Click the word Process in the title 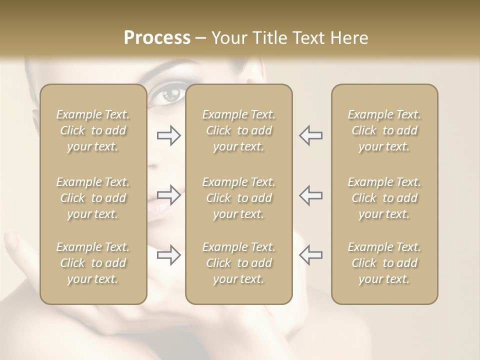(157, 38)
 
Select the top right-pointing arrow (169, 135)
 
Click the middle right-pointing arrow (169, 195)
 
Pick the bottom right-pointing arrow (169, 255)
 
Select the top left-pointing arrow (311, 135)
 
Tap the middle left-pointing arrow (311, 195)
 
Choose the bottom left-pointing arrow (311, 255)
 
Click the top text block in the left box (93, 130)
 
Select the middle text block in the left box (93, 198)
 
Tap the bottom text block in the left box (93, 263)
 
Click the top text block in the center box (239, 130)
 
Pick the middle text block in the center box (239, 198)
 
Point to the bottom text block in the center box (239, 263)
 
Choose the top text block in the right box (384, 130)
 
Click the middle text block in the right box (384, 198)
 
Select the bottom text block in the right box (384, 263)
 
